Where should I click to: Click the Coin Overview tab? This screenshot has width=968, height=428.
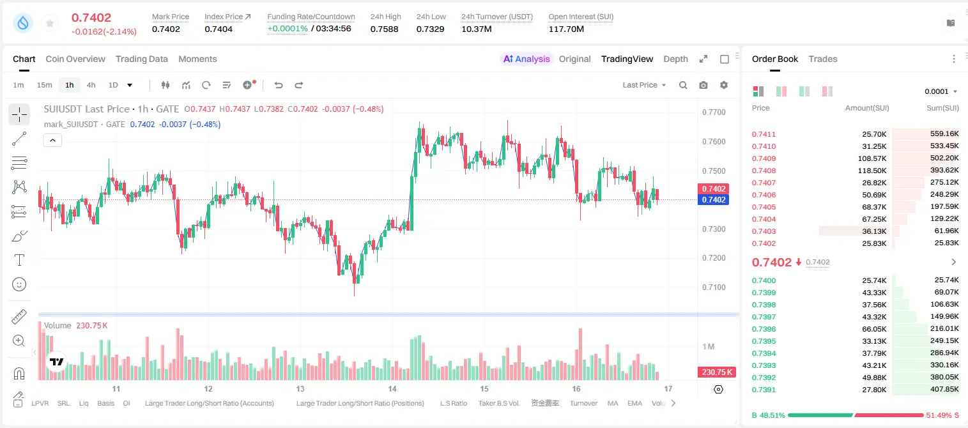pos(75,59)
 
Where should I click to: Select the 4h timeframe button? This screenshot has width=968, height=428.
pos(91,85)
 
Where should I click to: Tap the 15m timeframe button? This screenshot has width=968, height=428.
pos(44,85)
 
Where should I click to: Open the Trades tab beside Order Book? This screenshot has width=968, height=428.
pos(823,59)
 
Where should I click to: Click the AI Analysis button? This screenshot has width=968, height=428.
pos(526,59)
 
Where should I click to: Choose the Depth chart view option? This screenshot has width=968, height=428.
pos(675,59)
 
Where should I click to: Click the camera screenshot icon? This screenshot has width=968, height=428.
pos(703,85)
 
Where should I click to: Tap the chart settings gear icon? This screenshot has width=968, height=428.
pos(724,85)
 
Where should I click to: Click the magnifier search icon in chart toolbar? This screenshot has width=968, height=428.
pos(683,85)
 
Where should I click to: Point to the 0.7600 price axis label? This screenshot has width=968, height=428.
pos(714,142)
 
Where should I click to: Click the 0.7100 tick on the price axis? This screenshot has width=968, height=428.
pos(714,287)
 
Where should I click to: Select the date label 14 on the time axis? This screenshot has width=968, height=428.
pos(392,388)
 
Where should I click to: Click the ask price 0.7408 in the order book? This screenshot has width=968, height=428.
pos(764,171)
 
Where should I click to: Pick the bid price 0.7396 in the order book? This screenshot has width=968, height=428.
pos(764,329)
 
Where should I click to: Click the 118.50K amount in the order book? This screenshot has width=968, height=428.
pos(872,171)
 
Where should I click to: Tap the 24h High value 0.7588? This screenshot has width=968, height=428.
pos(384,29)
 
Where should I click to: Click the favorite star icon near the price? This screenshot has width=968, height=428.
pos(50,23)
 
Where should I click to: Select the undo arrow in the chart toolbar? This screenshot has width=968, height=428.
pos(279,85)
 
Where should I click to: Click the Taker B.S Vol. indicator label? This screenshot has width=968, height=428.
pos(498,403)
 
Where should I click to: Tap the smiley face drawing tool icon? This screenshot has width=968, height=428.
pos(19,284)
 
